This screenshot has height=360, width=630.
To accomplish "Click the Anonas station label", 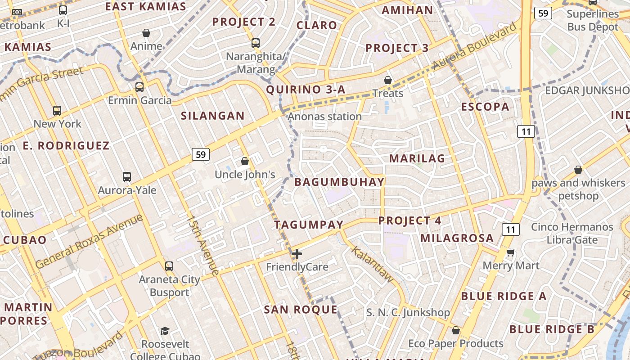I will point(324,117).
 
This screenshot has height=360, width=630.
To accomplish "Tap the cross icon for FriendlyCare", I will point(297,254).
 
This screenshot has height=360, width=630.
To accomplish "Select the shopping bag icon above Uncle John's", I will point(245,161).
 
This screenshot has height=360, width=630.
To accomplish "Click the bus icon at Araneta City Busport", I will point(169,266).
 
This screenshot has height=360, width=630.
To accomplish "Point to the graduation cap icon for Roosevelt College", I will point(165,331).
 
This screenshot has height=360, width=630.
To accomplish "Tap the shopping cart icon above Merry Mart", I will point(510,252).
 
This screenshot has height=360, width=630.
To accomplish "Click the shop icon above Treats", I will point(388,80).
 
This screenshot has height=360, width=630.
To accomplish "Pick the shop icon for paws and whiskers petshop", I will point(578,170).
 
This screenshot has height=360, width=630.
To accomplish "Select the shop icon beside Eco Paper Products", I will point(456,331).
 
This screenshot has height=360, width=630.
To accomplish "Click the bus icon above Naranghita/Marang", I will point(256,43).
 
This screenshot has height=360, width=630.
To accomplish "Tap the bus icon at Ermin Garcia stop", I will point(139,87).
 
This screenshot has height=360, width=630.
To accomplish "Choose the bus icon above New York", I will point(57,110).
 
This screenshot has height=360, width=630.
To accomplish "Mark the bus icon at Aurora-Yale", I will point(127,177).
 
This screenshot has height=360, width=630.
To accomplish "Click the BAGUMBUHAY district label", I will point(339,182).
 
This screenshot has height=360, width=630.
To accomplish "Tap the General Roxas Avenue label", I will point(89,241).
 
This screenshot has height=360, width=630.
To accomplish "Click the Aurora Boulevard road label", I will point(475,46).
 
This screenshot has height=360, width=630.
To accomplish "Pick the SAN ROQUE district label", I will point(300,310).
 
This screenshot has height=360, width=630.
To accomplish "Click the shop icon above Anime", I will point(146,33).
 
